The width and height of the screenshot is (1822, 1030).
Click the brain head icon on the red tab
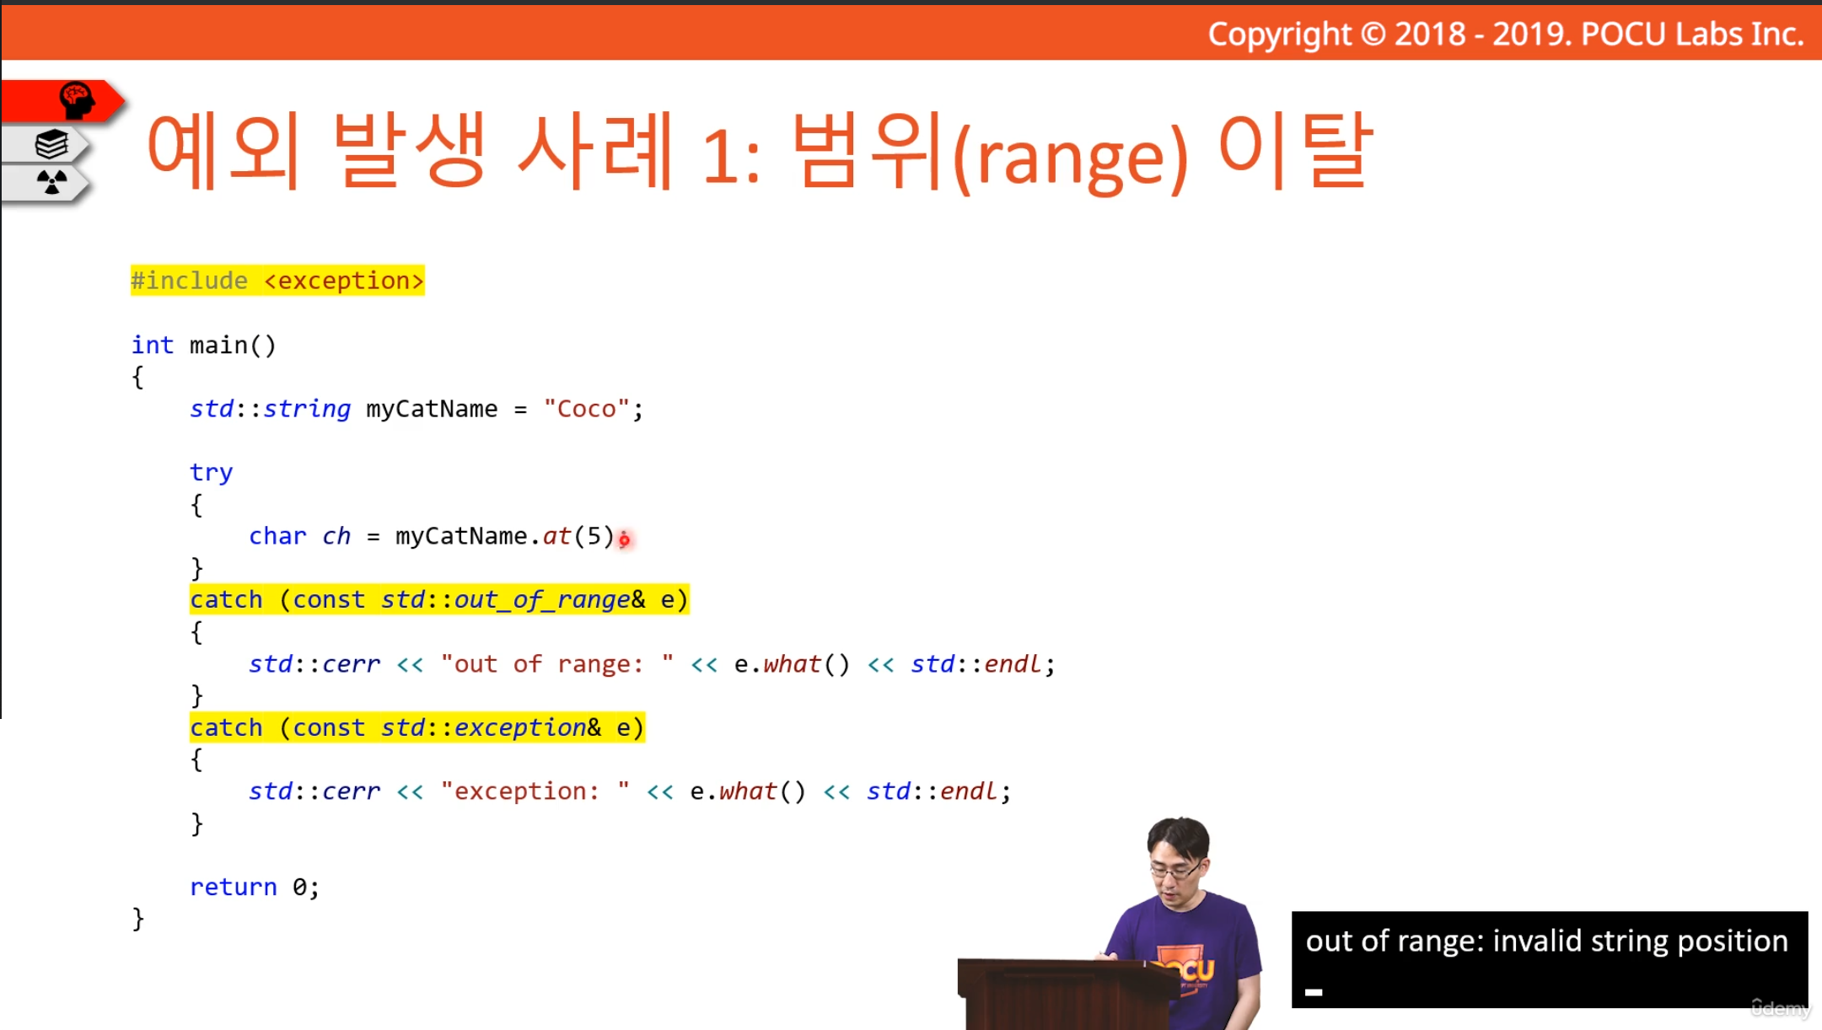(77, 100)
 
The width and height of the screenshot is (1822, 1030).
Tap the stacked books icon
(51, 144)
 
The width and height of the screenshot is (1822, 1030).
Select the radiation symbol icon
(51, 181)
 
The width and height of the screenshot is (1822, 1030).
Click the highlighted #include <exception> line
(277, 281)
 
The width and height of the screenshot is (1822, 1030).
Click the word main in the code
(218, 345)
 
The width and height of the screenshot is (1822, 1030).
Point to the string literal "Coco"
(587, 409)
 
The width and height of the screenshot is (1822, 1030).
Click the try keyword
(211, 473)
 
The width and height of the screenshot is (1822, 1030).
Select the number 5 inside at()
(594, 536)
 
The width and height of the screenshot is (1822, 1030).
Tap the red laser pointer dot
(624, 539)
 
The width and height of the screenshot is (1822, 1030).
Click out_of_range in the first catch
(542, 599)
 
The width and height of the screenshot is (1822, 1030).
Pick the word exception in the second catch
(520, 727)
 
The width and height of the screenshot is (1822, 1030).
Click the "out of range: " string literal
(556, 664)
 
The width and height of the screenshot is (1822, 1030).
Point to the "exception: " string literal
(535, 791)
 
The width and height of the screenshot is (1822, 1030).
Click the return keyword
(233, 887)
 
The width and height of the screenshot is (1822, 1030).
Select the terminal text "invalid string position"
(1640, 941)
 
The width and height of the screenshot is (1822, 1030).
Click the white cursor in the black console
(1314, 992)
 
